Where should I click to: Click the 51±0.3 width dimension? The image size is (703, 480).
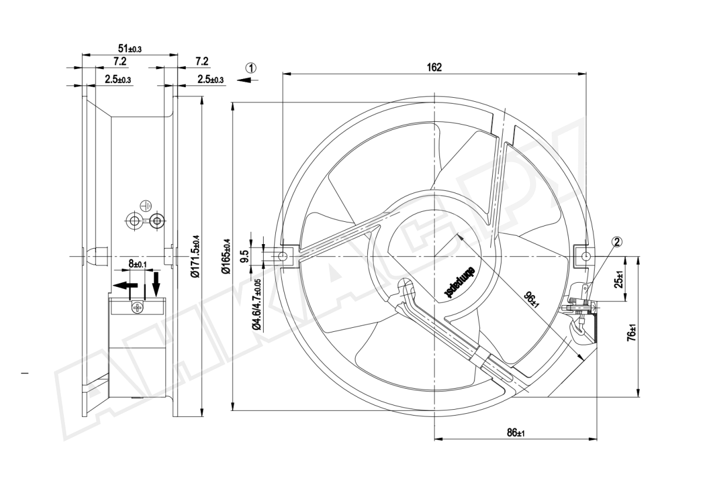pos(129,49)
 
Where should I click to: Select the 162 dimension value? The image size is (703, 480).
pos(434,67)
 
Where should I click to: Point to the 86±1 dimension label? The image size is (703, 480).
pos(516,433)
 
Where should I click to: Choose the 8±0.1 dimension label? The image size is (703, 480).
pos(138,265)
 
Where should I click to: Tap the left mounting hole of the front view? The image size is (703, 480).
pos(282,256)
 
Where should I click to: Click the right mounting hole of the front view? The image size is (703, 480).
pos(585,256)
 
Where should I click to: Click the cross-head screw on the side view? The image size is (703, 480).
pos(138,307)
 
